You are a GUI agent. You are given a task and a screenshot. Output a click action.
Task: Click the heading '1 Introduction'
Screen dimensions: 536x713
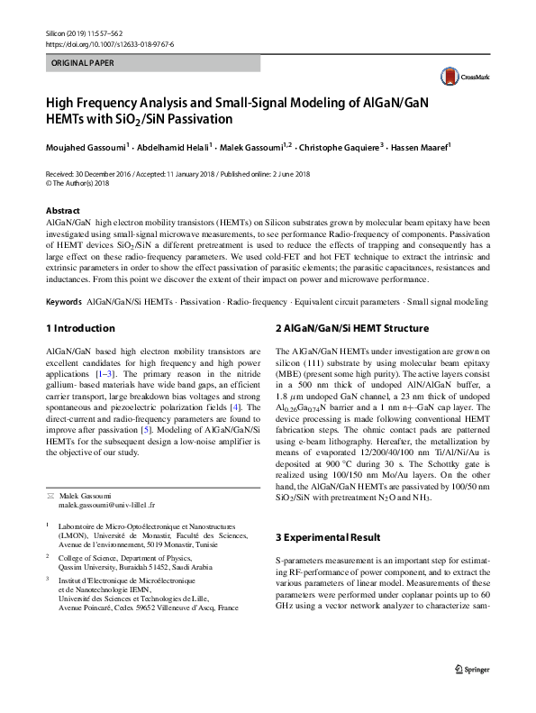(80, 328)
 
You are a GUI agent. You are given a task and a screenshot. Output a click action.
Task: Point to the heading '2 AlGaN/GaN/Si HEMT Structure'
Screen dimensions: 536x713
(351, 328)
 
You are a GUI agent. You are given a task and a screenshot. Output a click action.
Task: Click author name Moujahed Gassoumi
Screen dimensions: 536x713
(84, 146)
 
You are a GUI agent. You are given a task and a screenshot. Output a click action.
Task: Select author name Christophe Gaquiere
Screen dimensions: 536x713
(335, 146)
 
